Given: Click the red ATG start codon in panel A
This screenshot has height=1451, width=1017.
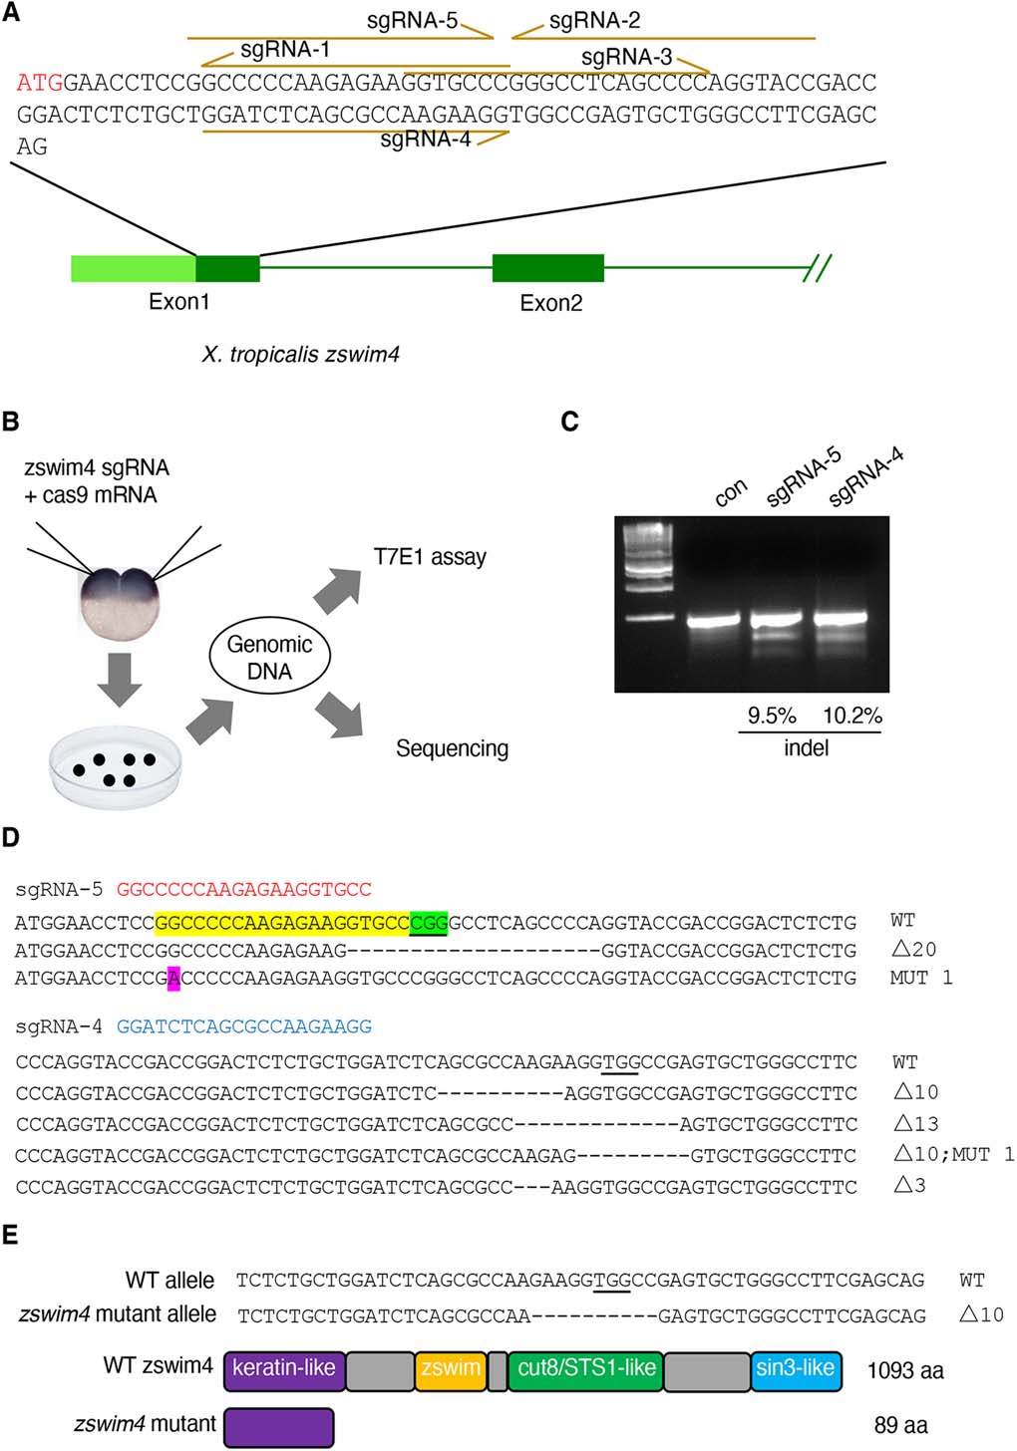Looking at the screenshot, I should (39, 83).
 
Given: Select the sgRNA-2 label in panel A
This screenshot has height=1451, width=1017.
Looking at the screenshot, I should (594, 21).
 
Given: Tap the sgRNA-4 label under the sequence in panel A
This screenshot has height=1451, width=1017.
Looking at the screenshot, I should (426, 140).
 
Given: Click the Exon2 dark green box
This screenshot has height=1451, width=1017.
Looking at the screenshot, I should (547, 268).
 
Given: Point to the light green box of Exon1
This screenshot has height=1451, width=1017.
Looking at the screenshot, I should (133, 269).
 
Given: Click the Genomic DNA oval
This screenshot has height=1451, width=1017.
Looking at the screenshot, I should (269, 658).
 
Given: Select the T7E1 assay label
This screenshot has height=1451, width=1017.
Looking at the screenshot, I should (430, 557).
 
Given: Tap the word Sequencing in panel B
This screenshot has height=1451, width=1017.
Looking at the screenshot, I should (452, 748).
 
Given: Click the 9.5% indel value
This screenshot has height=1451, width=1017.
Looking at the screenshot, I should (772, 716).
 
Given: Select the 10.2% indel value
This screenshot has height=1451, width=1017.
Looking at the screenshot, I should (851, 716).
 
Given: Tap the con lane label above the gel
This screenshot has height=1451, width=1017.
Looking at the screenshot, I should (731, 491).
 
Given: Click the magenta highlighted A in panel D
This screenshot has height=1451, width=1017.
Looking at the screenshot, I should (174, 979).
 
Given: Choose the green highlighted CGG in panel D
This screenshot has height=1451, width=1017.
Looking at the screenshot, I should (429, 921).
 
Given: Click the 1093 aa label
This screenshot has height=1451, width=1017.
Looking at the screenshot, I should (904, 1371).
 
